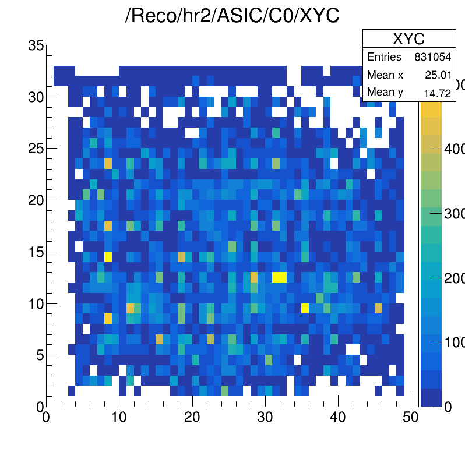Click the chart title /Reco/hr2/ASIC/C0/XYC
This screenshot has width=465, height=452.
click(233, 16)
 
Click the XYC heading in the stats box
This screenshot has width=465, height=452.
click(408, 39)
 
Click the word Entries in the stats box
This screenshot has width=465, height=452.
click(384, 57)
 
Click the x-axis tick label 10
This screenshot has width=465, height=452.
click(119, 418)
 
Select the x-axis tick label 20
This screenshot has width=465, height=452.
click(192, 418)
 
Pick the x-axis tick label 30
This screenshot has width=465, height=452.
click(265, 418)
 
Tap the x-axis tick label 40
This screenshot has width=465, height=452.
click(338, 418)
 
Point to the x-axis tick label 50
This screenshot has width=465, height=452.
click(411, 418)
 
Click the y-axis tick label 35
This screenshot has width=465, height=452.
click(36, 45)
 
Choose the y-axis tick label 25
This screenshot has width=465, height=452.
click(36, 149)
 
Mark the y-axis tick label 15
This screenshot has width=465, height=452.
click(36, 252)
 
